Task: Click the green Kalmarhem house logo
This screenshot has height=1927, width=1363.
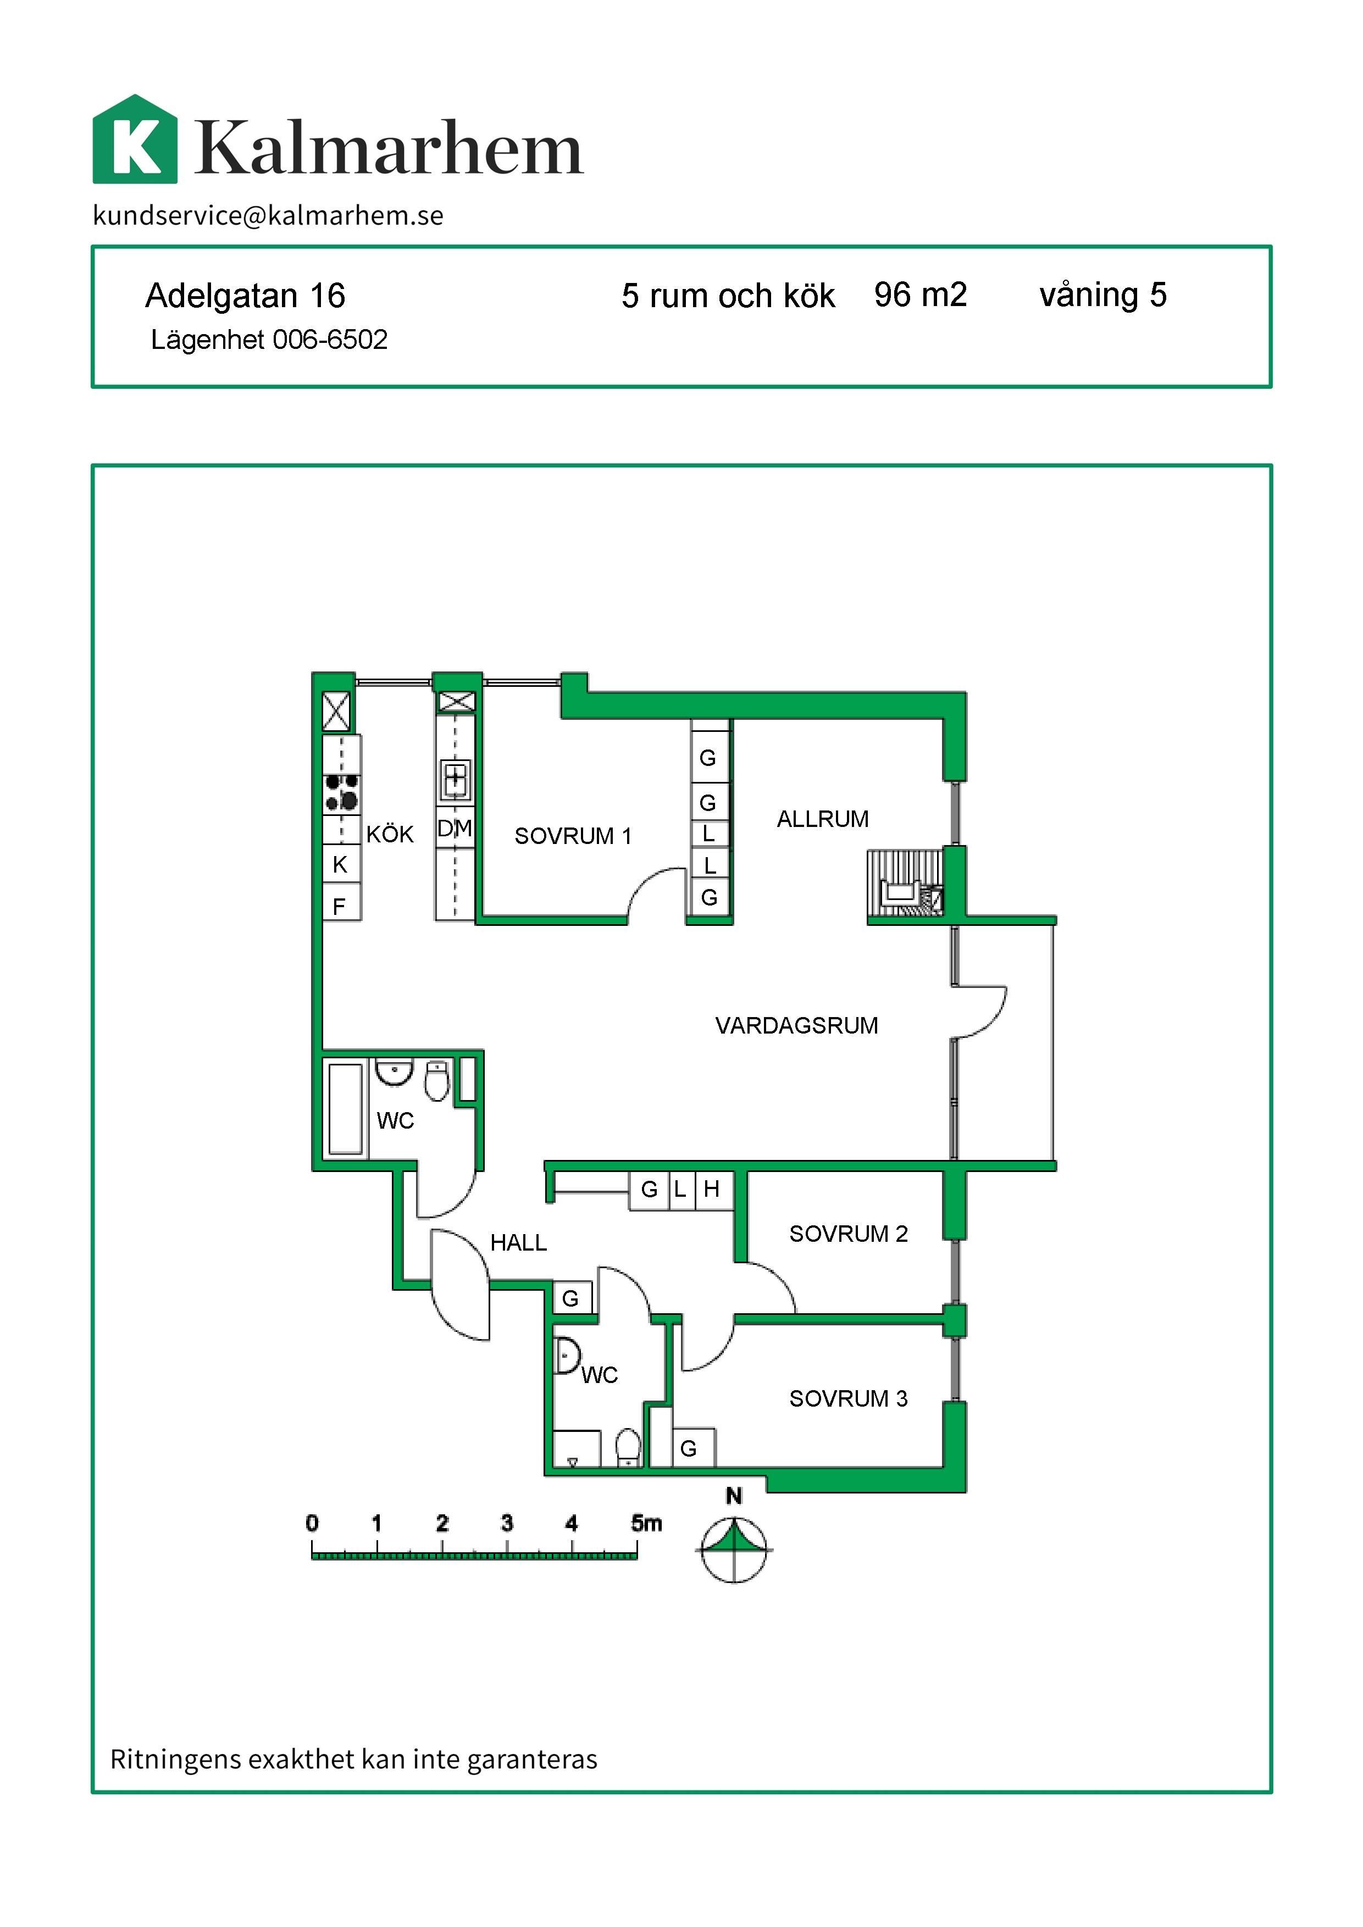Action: (135, 140)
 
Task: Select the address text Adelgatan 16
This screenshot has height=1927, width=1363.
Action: (245, 296)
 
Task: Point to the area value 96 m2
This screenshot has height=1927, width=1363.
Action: (921, 295)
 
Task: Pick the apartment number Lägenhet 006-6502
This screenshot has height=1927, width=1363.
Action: (269, 340)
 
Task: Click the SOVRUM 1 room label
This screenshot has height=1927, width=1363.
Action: (573, 836)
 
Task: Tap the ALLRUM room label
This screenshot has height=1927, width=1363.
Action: (823, 819)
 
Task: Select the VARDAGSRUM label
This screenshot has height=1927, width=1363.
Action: (796, 1026)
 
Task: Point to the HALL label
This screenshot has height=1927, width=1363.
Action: (519, 1243)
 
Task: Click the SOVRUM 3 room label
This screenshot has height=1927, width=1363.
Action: (849, 1399)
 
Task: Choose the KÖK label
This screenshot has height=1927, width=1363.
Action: (390, 834)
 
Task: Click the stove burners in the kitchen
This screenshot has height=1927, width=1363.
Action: (342, 792)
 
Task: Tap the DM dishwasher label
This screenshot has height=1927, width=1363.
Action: (455, 829)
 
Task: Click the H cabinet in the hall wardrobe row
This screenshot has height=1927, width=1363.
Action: (713, 1190)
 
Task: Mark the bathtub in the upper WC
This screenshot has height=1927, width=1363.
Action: (346, 1109)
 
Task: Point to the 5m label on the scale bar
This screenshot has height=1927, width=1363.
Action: (646, 1523)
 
